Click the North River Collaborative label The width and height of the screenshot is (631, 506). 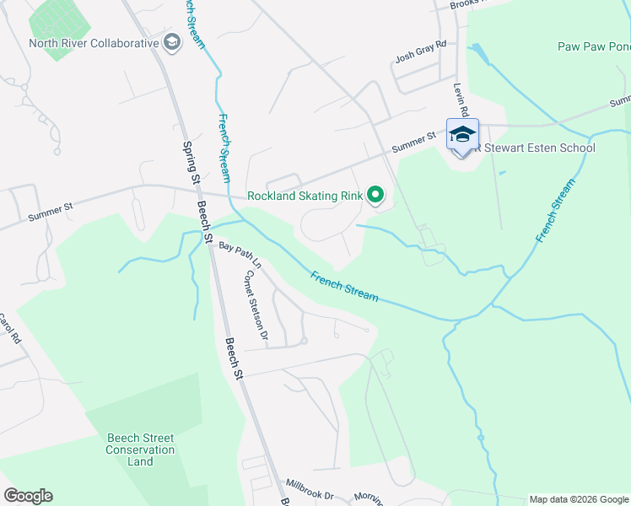coord(94,43)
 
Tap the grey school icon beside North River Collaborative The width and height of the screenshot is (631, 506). coord(172,43)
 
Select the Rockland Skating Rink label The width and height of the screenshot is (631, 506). coord(305,196)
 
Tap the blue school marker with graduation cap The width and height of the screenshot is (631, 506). coord(461,135)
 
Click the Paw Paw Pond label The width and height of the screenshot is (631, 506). coord(593,46)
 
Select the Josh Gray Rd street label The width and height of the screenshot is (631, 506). coord(420,59)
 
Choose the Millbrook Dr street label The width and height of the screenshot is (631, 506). coord(310,488)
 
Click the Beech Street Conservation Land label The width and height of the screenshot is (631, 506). coord(140,449)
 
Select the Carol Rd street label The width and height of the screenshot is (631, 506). coord(8,329)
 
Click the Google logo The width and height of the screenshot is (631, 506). coord(28,496)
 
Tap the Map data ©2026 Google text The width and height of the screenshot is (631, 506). coord(579,499)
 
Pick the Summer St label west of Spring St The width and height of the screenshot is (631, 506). coord(51,211)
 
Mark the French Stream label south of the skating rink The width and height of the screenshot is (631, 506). coord(344,287)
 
